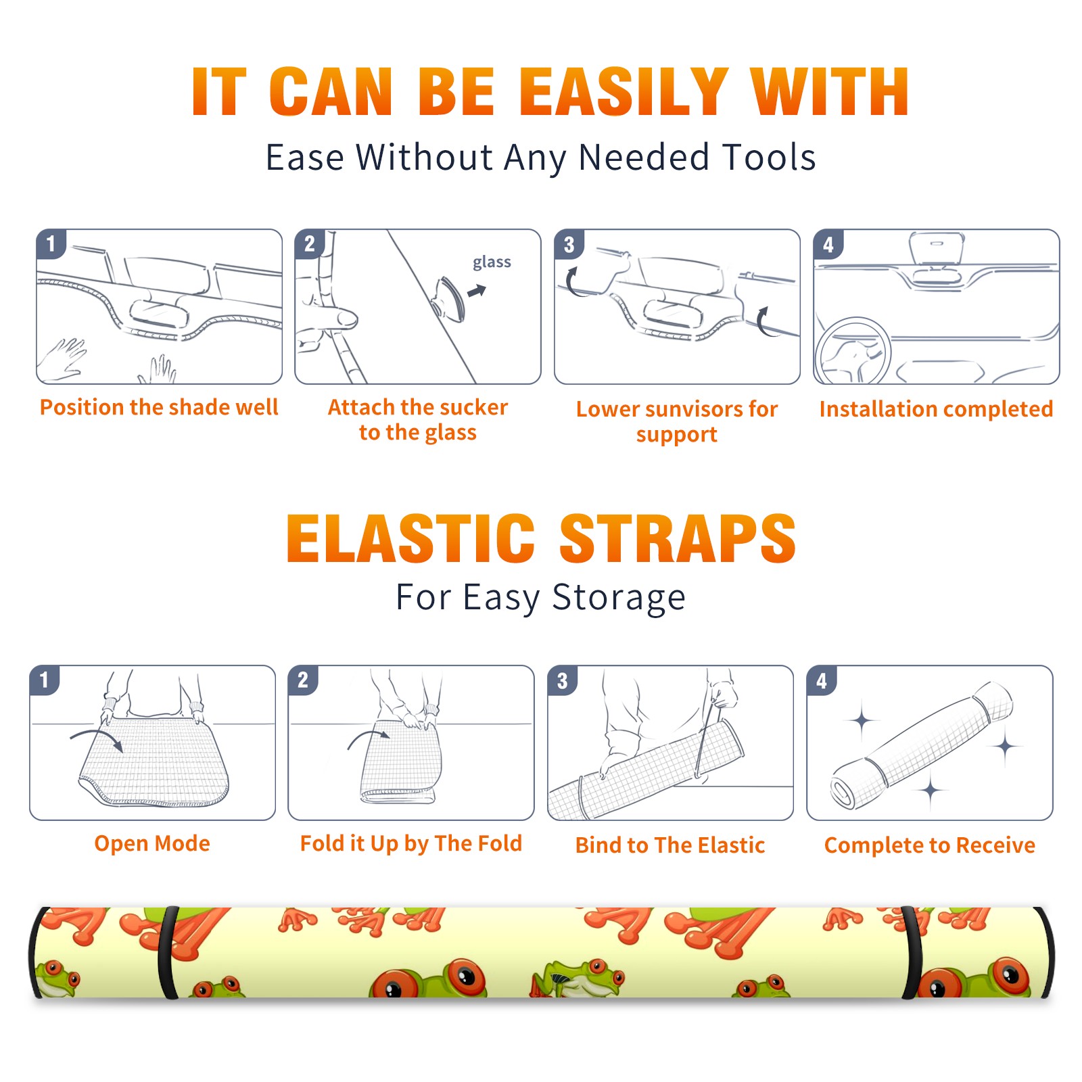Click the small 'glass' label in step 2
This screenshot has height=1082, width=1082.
coord(492,262)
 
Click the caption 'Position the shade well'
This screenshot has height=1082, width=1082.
coord(159,407)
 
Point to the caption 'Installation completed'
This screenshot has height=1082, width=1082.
coord(936,409)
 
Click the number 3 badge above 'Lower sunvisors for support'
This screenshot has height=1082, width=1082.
coord(569,245)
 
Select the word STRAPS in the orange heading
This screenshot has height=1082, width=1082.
coord(678,538)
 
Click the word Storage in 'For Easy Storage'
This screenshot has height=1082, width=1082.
coord(619,598)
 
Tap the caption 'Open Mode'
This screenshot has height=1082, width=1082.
coord(152,843)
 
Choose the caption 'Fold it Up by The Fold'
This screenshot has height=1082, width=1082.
coord(411,843)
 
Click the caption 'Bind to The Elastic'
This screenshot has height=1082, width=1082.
coord(670,845)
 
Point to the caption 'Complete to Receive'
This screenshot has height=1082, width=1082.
coord(930,845)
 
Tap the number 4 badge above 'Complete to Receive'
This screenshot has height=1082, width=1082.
coord(822,680)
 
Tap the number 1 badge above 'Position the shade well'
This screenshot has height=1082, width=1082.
coord(51,243)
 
